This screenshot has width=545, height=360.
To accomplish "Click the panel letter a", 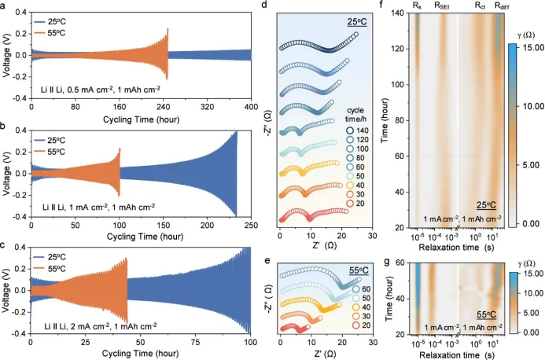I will click(5, 6).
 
